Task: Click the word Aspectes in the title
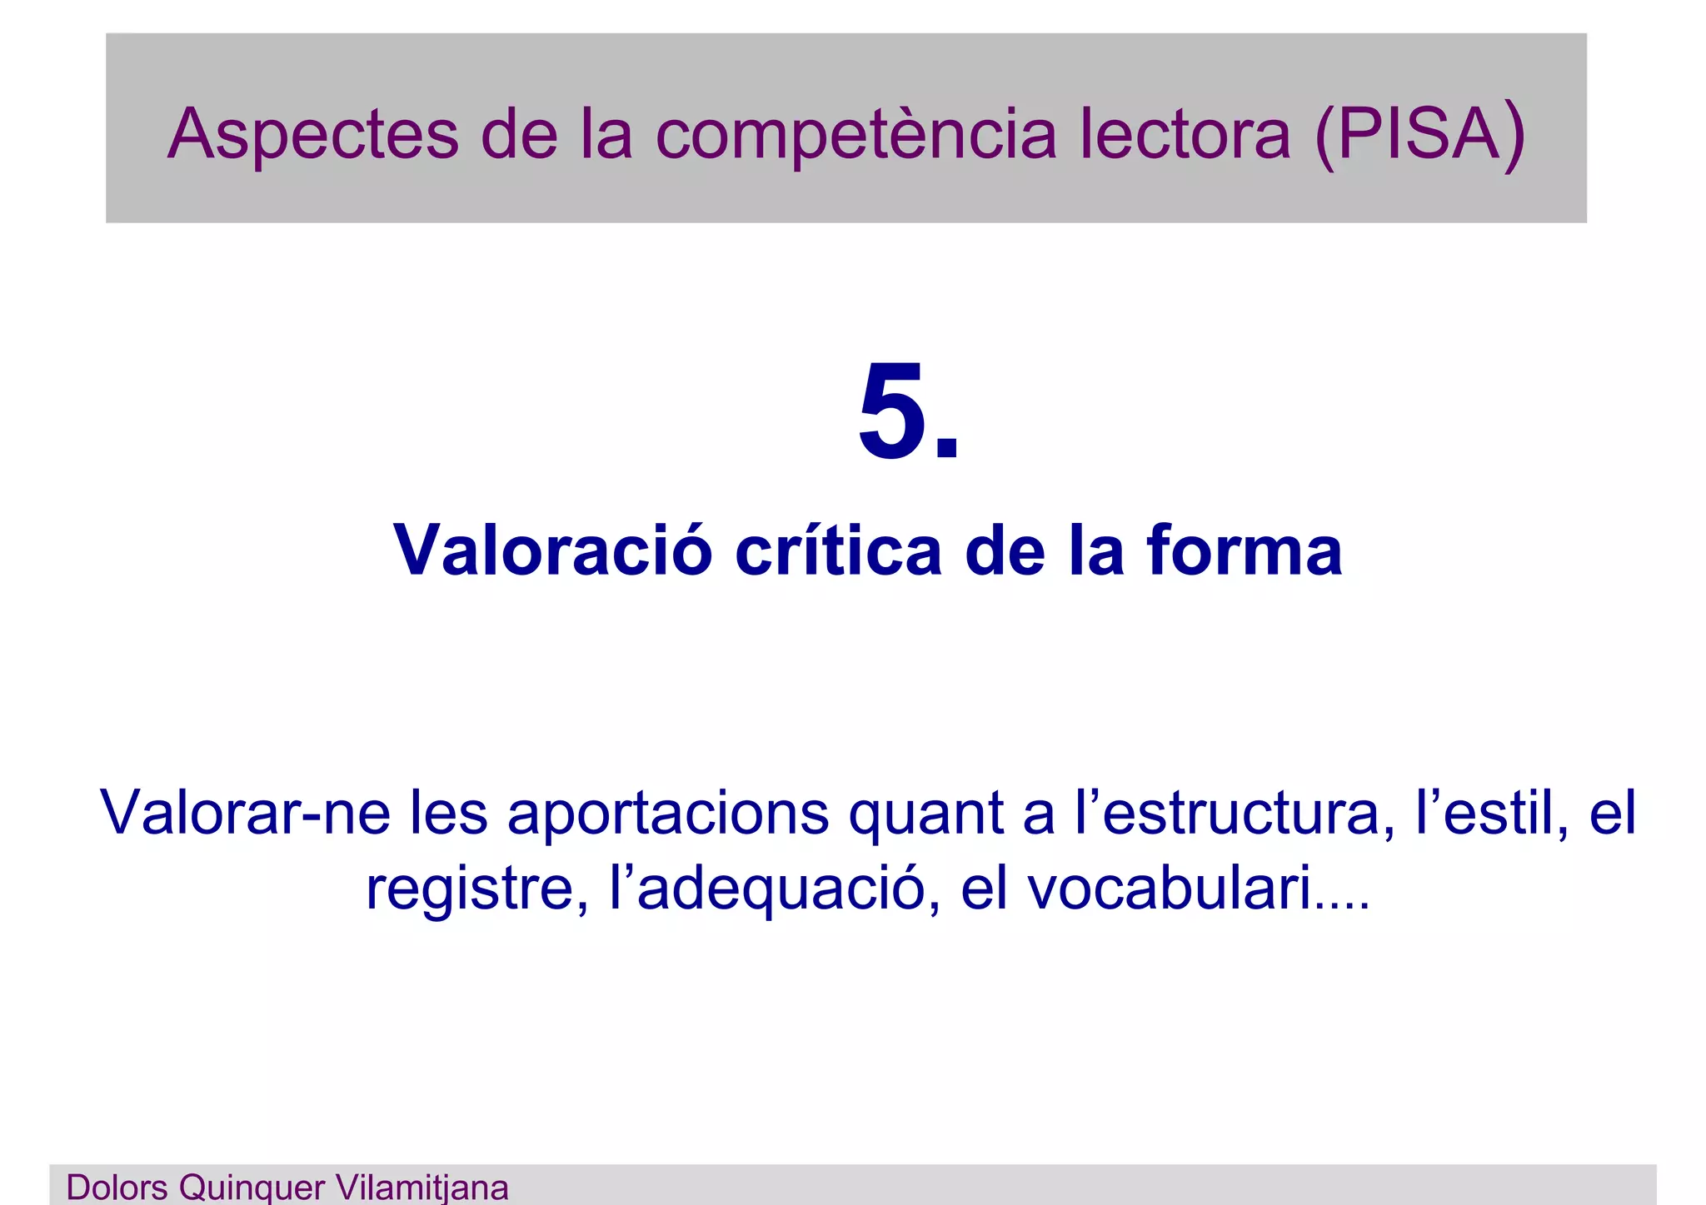pos(312,135)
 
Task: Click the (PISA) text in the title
pos(1419,135)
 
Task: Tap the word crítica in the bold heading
pos(838,550)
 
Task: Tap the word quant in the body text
pos(925,813)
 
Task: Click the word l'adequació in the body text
pos(775,889)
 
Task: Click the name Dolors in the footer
pos(117,1188)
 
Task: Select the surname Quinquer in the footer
pos(252,1188)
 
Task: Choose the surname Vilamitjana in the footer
pos(422,1188)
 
